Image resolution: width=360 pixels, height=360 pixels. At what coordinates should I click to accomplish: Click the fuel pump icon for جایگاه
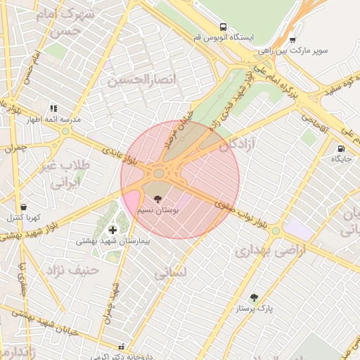click(x=341, y=148)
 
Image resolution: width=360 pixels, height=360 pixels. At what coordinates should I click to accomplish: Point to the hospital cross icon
click(x=112, y=230)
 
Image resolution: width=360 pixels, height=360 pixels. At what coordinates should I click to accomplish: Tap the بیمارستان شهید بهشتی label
click(x=113, y=241)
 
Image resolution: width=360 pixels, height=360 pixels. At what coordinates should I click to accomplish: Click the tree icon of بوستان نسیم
click(x=157, y=200)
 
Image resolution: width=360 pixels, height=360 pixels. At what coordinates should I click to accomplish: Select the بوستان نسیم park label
click(x=170, y=210)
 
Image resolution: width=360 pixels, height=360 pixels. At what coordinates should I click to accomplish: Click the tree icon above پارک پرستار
click(x=254, y=297)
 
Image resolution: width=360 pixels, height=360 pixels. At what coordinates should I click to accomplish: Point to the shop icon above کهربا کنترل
click(x=24, y=207)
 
